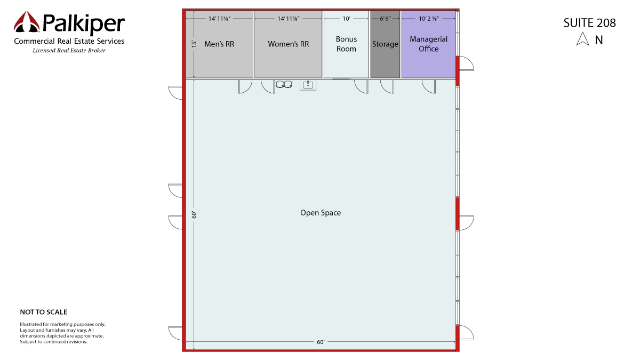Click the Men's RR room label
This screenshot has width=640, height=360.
coord(219,44)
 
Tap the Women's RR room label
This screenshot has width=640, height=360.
coord(289,44)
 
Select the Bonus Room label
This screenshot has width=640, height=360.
coord(346,44)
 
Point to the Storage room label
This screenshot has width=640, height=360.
coord(385,44)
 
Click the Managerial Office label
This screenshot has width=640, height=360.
coord(429,44)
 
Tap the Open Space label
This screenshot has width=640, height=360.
coord(321,213)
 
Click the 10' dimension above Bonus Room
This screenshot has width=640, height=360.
coord(346,19)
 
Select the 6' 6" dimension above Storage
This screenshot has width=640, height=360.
coord(385,19)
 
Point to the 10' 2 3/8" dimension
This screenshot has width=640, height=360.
coord(429,19)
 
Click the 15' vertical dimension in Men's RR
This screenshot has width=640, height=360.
coord(194,44)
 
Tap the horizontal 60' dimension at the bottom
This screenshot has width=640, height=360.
coord(321,342)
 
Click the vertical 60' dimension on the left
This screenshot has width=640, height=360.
coord(194,215)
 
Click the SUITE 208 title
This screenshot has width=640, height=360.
coord(589,23)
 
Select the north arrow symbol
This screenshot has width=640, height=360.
coord(582,39)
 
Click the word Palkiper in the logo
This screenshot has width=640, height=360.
coord(84,23)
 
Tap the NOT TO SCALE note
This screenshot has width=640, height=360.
coord(44,312)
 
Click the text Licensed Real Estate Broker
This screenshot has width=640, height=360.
coord(69,51)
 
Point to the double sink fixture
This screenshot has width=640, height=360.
coord(284,84)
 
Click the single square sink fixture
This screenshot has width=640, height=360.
coord(308,85)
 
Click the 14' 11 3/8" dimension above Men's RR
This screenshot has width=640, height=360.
coord(219,19)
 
